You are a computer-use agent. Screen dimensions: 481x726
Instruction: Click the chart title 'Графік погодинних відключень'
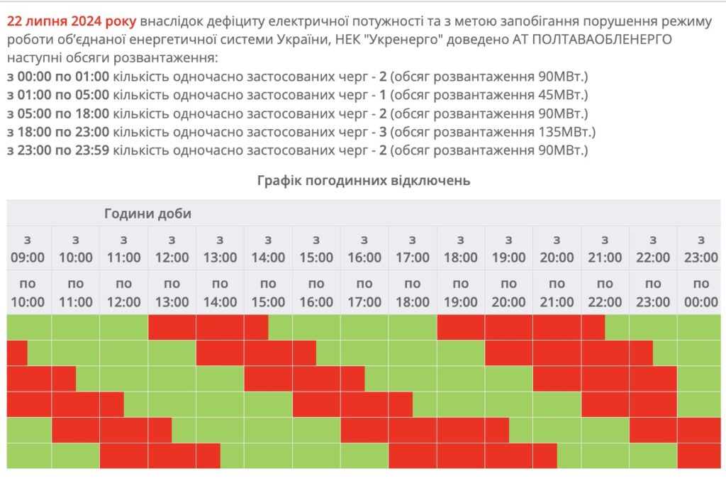[x=363, y=180]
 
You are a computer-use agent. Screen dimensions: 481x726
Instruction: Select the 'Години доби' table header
[x=147, y=214]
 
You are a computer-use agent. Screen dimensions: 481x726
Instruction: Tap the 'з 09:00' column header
[x=28, y=248]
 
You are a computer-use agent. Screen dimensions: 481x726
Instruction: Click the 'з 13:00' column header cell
[x=220, y=248]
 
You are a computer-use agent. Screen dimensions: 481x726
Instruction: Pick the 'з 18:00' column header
[x=460, y=248]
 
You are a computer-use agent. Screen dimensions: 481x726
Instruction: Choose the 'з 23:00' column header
[x=700, y=248]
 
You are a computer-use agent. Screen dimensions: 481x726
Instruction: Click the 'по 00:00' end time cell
[x=700, y=292]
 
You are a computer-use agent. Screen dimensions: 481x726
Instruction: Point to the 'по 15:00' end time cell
[x=268, y=292]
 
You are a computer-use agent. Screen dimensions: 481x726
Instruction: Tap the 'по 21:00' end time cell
[x=557, y=292]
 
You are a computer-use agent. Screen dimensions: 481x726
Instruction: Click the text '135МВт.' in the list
[x=566, y=131]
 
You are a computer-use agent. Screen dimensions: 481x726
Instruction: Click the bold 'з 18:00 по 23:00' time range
[x=57, y=131]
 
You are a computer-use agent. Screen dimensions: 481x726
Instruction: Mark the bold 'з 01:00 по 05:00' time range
[x=57, y=94]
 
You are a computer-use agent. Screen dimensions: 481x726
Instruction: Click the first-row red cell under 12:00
[x=172, y=327]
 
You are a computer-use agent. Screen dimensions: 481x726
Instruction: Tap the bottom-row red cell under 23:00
[x=700, y=455]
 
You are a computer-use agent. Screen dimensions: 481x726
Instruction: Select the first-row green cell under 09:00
[x=28, y=327]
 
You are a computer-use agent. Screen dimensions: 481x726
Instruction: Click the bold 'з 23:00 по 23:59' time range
[x=57, y=150]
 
